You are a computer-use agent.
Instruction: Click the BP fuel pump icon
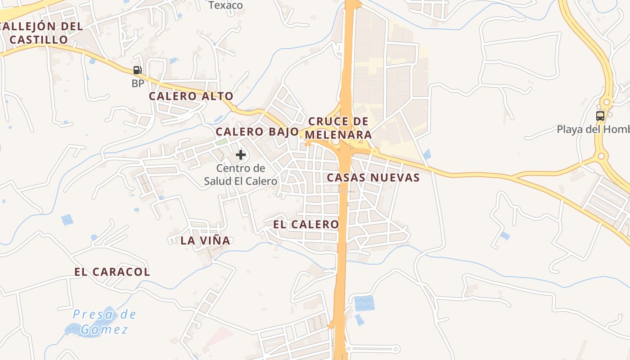click(x=137, y=70)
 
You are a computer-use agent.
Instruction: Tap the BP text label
click(x=138, y=84)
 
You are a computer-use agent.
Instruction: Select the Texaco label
click(x=226, y=5)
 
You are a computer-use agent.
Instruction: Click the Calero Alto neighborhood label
click(x=191, y=96)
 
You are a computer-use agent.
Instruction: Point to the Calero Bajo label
click(x=257, y=132)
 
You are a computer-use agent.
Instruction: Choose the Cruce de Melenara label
click(x=338, y=128)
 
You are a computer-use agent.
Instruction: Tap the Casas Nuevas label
click(x=373, y=177)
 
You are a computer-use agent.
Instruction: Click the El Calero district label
click(x=306, y=224)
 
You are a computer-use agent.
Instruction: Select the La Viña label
click(x=205, y=240)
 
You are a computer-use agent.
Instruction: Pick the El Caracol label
click(x=112, y=272)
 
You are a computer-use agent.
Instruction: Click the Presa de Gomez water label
click(x=105, y=322)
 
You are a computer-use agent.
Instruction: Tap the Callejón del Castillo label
click(x=41, y=33)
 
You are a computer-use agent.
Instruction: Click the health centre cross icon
click(x=241, y=155)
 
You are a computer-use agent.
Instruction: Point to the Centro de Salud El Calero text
click(x=241, y=175)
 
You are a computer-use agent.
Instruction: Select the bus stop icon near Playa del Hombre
click(x=600, y=116)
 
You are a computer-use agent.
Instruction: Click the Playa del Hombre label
click(x=593, y=130)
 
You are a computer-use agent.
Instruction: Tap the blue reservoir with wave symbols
click(x=364, y=303)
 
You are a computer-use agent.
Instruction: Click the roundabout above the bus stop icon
click(x=607, y=102)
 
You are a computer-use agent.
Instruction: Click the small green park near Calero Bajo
click(x=221, y=142)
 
